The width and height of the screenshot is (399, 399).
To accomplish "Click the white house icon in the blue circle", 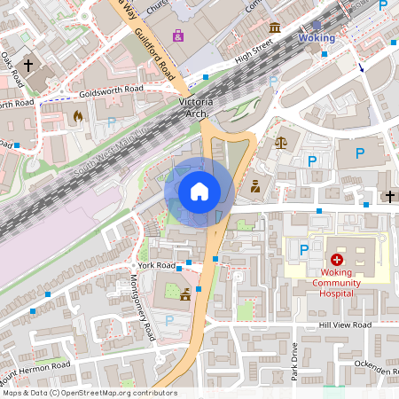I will pyautogui.click(x=199, y=192).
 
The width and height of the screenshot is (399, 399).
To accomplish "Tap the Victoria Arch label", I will pyautogui.click(x=195, y=106).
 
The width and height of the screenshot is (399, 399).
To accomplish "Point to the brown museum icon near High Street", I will pyautogui.click(x=276, y=27).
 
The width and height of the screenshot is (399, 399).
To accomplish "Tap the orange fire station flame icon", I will pyautogui.click(x=78, y=115).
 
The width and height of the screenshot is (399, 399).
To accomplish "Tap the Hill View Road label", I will pyautogui.click(x=345, y=326).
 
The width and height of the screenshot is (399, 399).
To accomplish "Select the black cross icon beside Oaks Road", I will pyautogui.click(x=27, y=66).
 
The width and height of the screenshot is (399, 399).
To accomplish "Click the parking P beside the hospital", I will pyautogui.click(x=304, y=251).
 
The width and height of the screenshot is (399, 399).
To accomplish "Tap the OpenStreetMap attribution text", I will pyautogui.click(x=89, y=393).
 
